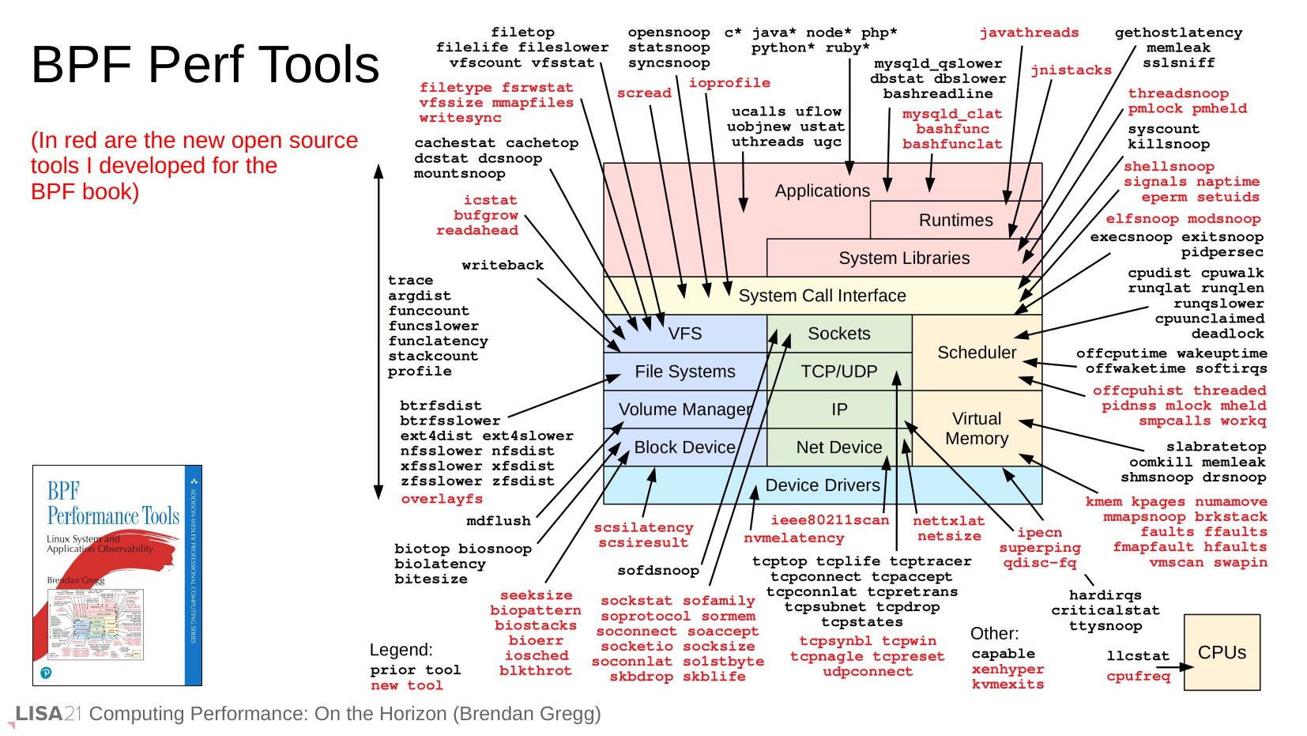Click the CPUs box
(x=1221, y=652)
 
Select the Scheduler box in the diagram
(x=976, y=353)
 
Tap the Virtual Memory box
(x=976, y=428)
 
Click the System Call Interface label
(x=822, y=296)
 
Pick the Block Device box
(x=684, y=447)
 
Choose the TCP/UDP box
(x=838, y=372)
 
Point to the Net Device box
(x=838, y=447)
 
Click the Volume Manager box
(x=684, y=410)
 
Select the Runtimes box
(x=955, y=221)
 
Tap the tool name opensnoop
(x=669, y=32)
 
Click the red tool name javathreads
(x=1029, y=32)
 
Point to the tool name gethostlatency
(x=1178, y=32)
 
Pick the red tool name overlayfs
(x=442, y=499)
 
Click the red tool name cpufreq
(x=1138, y=676)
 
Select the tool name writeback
(x=503, y=266)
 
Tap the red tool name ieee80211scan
(x=830, y=520)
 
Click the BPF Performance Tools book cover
(x=117, y=575)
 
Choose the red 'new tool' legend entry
(x=407, y=685)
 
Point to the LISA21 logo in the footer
(x=48, y=714)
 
